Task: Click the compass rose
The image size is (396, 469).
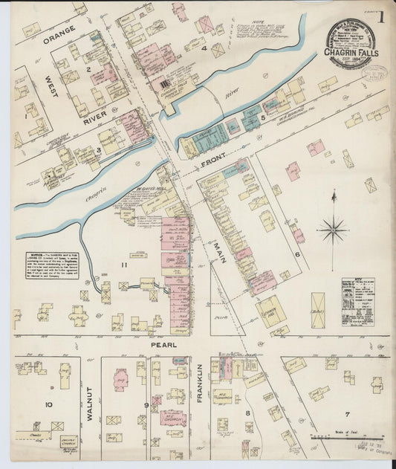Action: coord(331,229)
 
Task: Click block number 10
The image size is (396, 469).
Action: coord(48,405)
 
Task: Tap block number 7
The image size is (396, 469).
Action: coord(345,413)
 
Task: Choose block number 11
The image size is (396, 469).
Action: coord(124,265)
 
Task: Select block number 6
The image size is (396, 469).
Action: coord(296,254)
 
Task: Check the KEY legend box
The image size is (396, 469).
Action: coord(357,302)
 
